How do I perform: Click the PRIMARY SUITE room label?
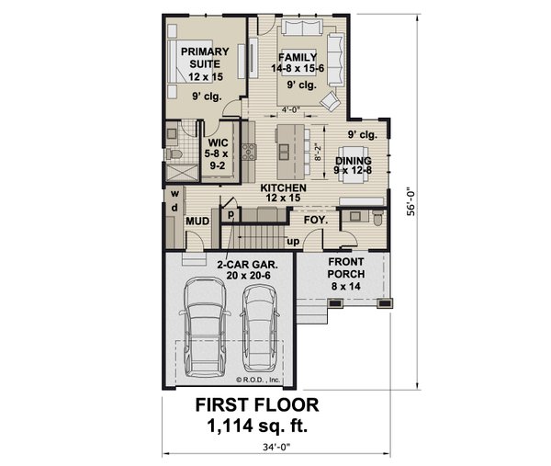tap(197, 58)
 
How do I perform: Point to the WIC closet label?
tap(218, 143)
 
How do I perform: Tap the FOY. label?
tap(316, 220)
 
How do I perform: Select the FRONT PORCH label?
tap(347, 267)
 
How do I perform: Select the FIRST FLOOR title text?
tap(257, 404)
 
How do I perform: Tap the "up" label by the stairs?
tap(293, 241)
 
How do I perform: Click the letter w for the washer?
tap(172, 195)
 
